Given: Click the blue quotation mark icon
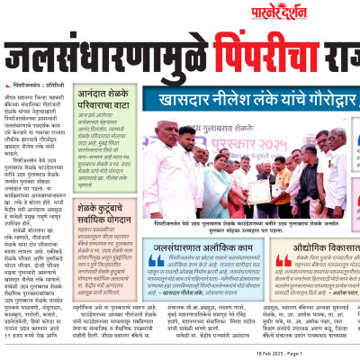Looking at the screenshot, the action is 156,261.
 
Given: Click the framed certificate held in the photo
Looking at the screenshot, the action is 258,188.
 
